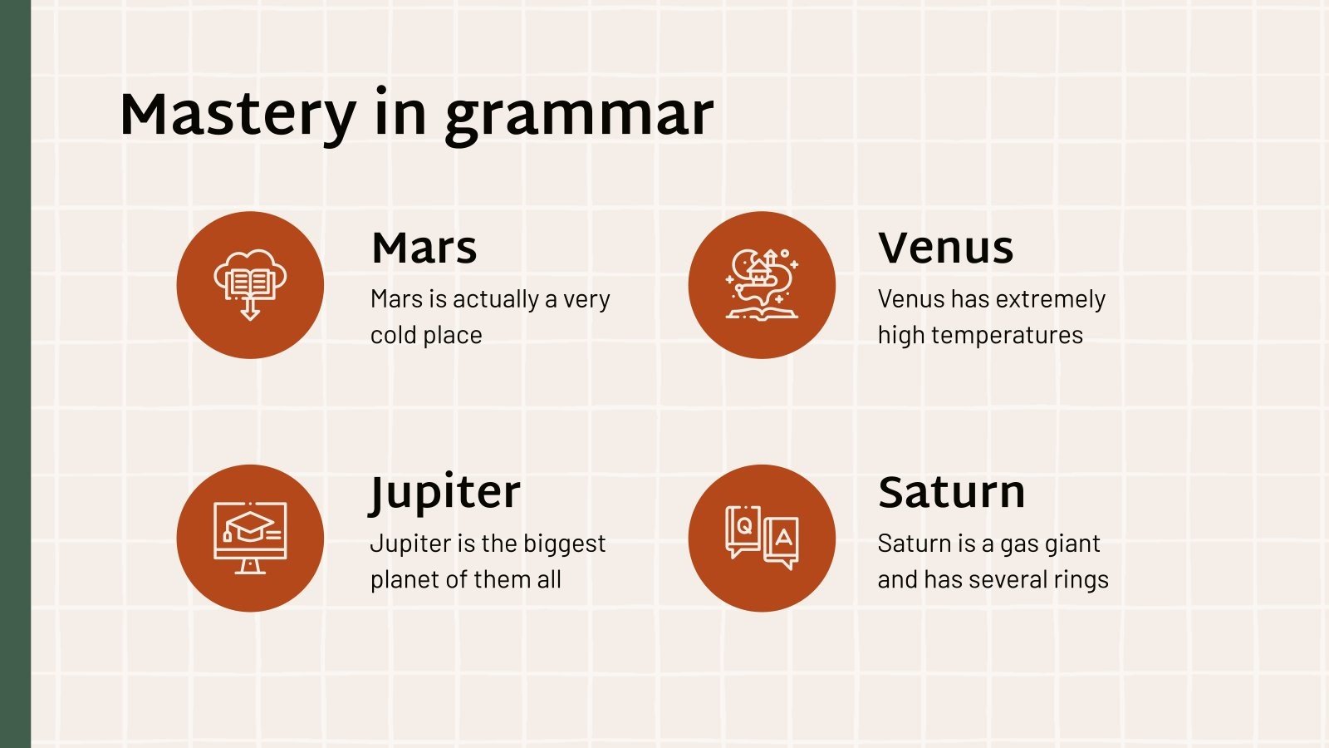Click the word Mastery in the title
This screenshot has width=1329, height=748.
(238, 115)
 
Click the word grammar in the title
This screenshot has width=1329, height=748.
(579, 116)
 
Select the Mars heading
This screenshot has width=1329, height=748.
(424, 248)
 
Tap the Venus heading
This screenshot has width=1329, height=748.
(945, 248)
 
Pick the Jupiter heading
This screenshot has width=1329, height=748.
(445, 492)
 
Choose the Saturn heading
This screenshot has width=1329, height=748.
(951, 492)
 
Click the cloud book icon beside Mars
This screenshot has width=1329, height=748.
(250, 284)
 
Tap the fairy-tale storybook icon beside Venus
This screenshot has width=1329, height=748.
(762, 284)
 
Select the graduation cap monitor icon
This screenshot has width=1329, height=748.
(250, 538)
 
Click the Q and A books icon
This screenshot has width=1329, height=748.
(762, 538)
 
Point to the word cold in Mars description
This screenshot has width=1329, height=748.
(395, 335)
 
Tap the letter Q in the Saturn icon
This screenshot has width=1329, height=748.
(744, 525)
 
